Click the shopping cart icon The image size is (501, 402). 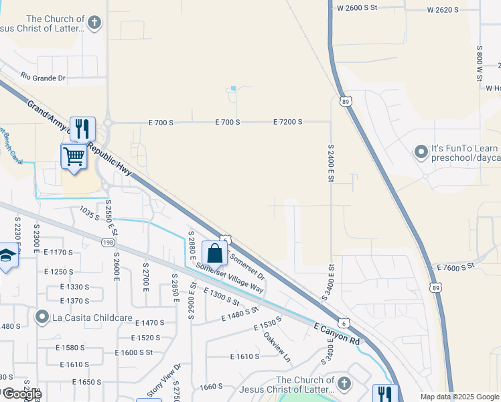pyautogui.click(x=74, y=156)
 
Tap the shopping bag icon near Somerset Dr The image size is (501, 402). pyautogui.click(x=214, y=254)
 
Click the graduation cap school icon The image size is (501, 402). pyautogui.click(x=7, y=257)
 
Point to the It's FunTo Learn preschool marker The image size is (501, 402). pyautogui.click(x=421, y=152)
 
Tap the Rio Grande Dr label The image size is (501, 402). pyautogui.click(x=43, y=78)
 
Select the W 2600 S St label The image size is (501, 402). pyautogui.click(x=358, y=7)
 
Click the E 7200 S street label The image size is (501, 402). pyautogui.click(x=288, y=122)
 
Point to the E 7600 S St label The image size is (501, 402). pyautogui.click(x=455, y=267)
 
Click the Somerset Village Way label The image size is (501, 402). pyautogui.click(x=230, y=277)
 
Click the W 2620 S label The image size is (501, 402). pyautogui.click(x=443, y=9)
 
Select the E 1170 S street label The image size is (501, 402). pyautogui.click(x=58, y=252)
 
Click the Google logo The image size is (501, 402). pyautogui.click(x=21, y=394)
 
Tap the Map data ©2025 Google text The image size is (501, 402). pyautogui.click(x=460, y=397)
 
